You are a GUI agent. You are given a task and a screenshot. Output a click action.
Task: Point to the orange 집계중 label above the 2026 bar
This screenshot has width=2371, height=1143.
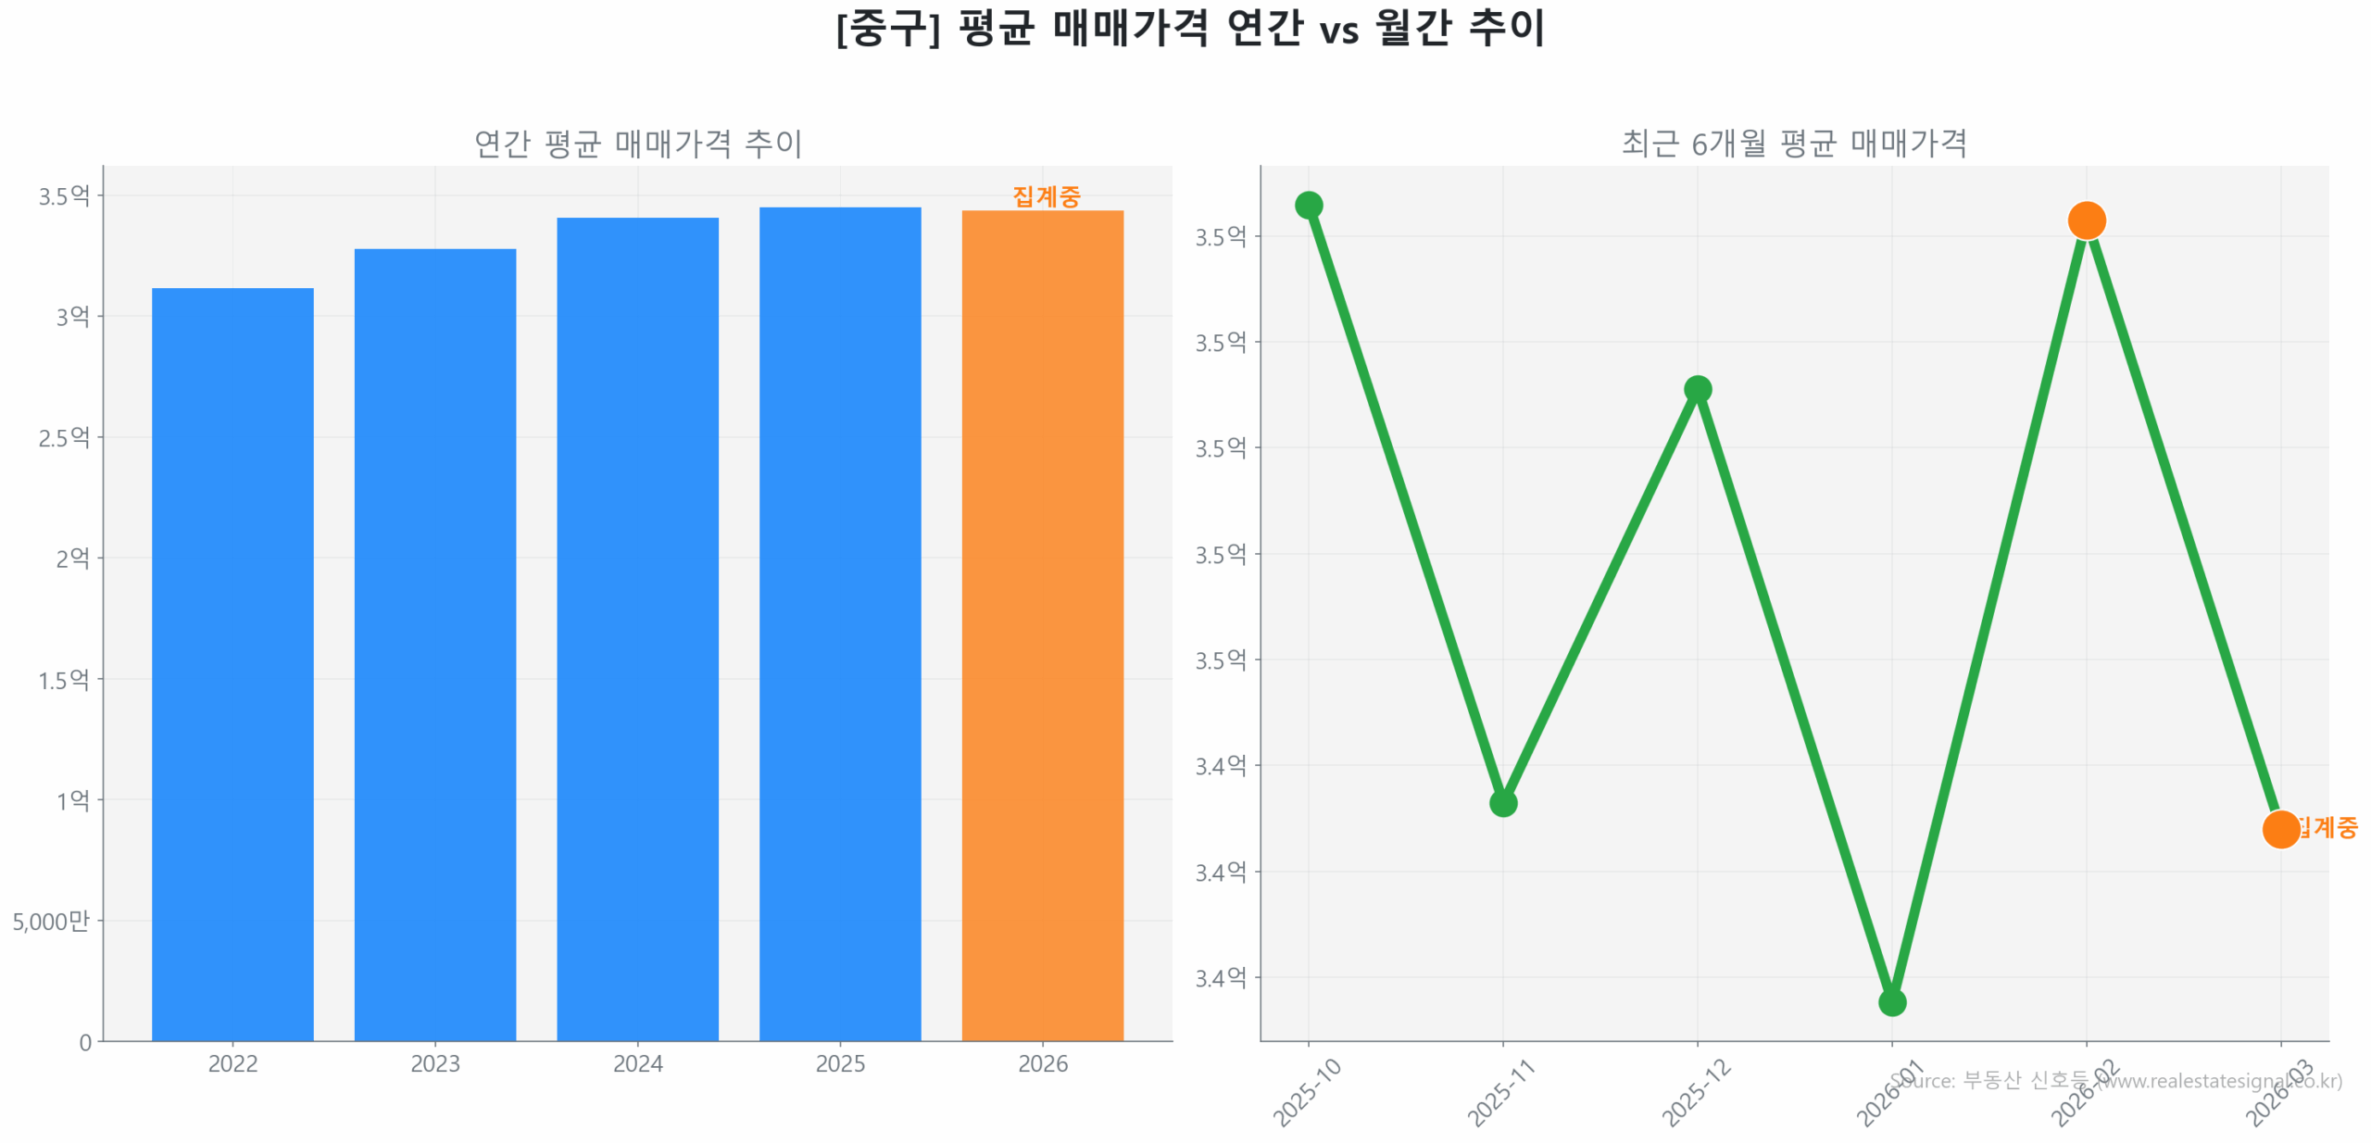tap(1046, 196)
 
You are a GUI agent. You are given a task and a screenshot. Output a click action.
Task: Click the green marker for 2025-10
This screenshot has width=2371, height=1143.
tap(1308, 205)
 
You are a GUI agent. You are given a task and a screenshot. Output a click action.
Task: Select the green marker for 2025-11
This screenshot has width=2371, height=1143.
tap(1502, 802)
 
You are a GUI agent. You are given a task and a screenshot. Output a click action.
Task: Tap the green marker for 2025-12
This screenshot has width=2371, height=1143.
tap(1697, 389)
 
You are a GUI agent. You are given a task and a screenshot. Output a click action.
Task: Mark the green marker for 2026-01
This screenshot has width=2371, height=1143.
tap(1891, 1001)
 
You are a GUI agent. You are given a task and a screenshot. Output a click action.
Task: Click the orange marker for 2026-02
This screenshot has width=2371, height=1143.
tap(2086, 220)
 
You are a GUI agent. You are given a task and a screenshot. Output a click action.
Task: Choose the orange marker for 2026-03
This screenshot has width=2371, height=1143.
tap(2280, 828)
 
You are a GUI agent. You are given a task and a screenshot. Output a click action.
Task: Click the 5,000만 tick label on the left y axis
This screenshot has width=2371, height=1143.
tap(51, 921)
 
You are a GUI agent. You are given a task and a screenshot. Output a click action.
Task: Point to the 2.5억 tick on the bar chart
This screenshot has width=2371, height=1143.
tap(64, 437)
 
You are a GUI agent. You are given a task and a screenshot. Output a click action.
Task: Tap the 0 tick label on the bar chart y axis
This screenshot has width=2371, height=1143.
tap(85, 1042)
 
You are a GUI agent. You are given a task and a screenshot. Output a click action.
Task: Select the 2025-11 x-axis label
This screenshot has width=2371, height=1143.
tap(1500, 1092)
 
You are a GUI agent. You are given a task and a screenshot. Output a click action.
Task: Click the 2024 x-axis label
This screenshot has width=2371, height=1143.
tap(637, 1063)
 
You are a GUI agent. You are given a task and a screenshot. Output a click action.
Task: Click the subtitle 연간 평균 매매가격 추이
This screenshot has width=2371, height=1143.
tap(637, 144)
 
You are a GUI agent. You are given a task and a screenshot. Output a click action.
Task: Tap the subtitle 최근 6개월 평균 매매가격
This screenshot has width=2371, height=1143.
tap(1794, 144)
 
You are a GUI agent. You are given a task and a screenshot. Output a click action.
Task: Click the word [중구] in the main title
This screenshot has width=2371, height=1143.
tap(887, 28)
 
